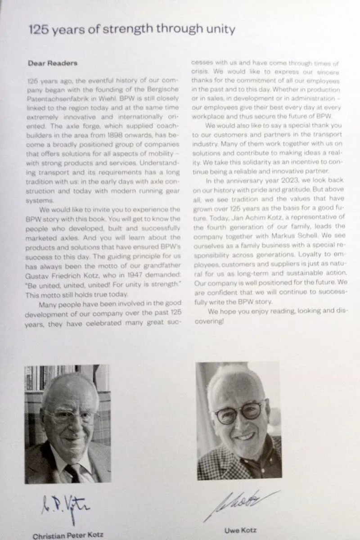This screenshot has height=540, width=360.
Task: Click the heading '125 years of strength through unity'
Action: pos(131,30)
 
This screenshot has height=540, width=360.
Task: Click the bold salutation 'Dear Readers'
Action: pos(52,63)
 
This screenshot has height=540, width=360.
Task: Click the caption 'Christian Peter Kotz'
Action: pos(68,535)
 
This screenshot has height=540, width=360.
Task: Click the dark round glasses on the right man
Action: pos(238,412)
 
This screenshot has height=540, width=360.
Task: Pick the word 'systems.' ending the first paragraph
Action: pos(40,201)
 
